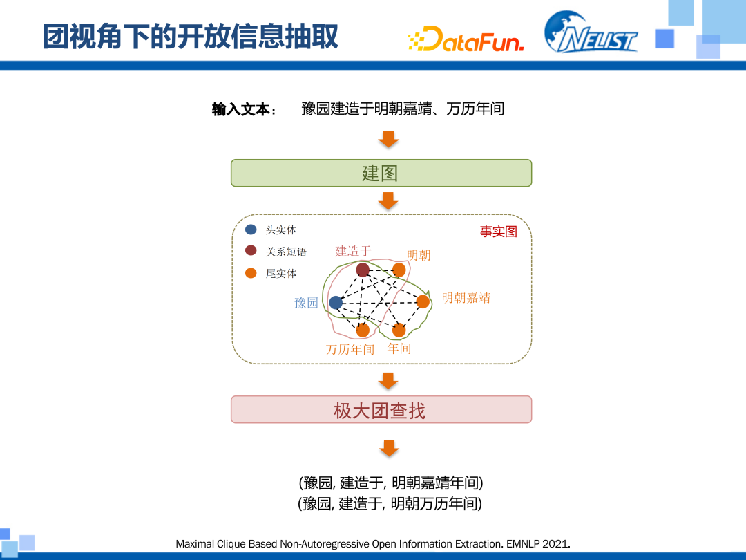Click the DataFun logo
coord(466,39)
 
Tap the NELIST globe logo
coord(591,32)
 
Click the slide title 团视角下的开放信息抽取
coord(191,37)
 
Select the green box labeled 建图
coord(381,173)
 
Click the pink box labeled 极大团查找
coord(381,409)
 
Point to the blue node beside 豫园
coord(336,302)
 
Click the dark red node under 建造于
coord(363,270)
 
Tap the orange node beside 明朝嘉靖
coord(423,301)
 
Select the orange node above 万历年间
coord(363,330)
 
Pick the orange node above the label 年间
coord(399,330)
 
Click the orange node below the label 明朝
coord(399,270)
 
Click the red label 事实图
coord(499,232)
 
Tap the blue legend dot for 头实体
coord(251,230)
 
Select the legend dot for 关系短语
coord(251,251)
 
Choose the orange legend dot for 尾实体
coord(251,273)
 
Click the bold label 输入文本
coord(240,109)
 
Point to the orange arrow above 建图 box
coord(389,140)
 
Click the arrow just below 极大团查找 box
coord(389,448)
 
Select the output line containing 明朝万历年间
coord(390,503)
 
